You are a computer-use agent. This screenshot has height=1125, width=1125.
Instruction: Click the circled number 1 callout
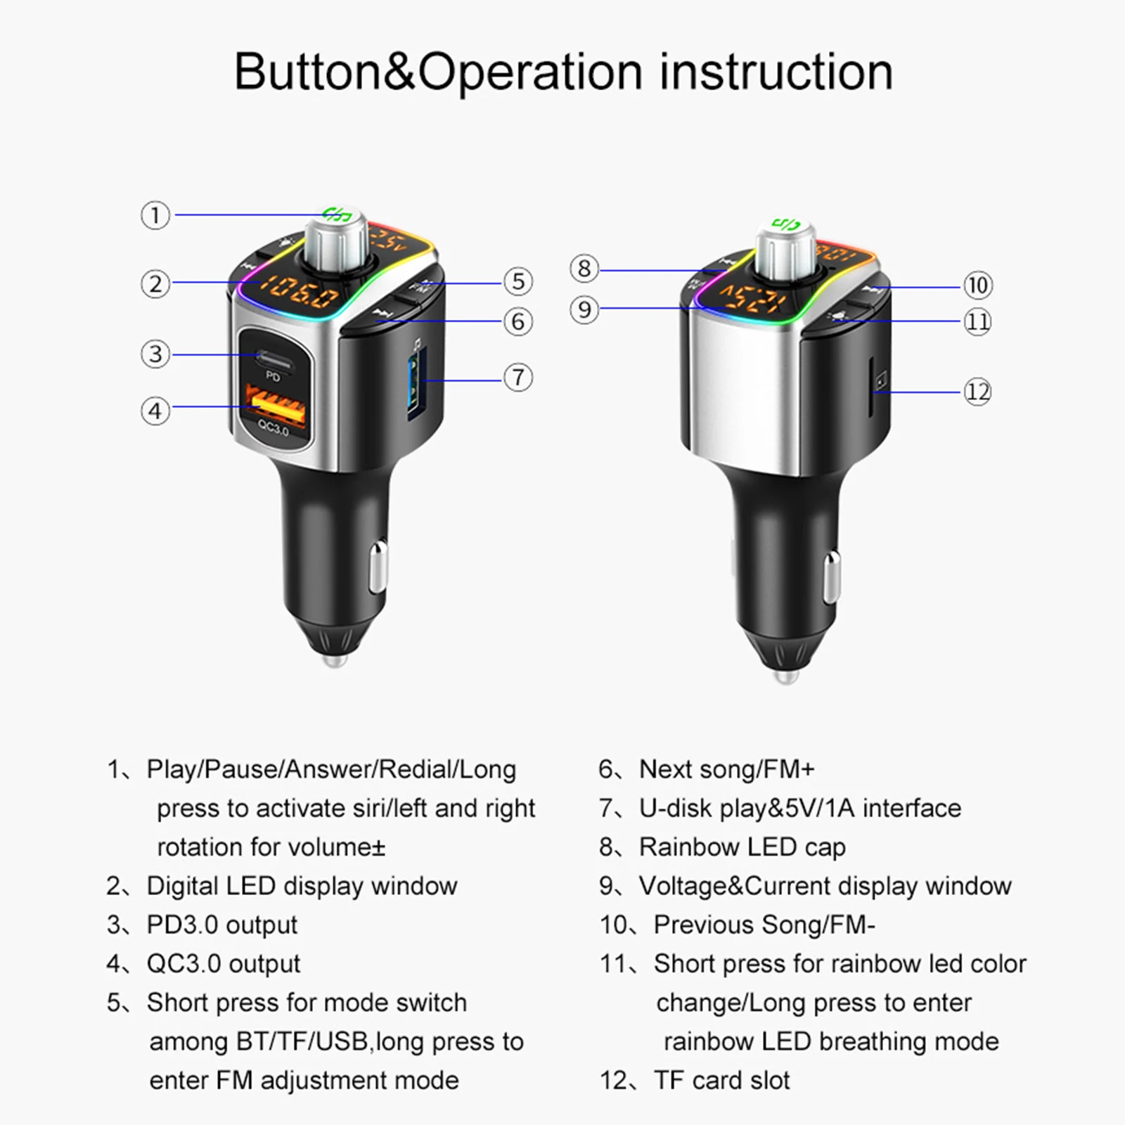(155, 215)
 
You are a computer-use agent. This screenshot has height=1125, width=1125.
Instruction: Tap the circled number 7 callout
(518, 378)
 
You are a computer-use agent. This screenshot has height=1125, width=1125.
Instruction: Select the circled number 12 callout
(977, 392)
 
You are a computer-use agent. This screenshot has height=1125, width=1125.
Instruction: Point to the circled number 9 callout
(584, 309)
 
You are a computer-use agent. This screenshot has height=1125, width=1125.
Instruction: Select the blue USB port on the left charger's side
(415, 383)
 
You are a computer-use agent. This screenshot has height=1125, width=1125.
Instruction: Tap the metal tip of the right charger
(785, 676)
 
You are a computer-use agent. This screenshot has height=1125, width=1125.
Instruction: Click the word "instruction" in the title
(776, 72)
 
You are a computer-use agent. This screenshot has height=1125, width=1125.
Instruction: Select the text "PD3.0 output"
(221, 925)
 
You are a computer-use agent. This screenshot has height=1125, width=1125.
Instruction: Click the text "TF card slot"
(721, 1080)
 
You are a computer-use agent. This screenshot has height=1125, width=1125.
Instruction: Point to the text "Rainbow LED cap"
(742, 847)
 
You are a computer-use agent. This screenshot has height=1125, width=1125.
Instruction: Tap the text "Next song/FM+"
(726, 769)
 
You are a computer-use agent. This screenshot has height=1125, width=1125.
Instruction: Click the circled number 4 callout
(155, 411)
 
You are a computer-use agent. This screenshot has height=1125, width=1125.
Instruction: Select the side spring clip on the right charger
(832, 577)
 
